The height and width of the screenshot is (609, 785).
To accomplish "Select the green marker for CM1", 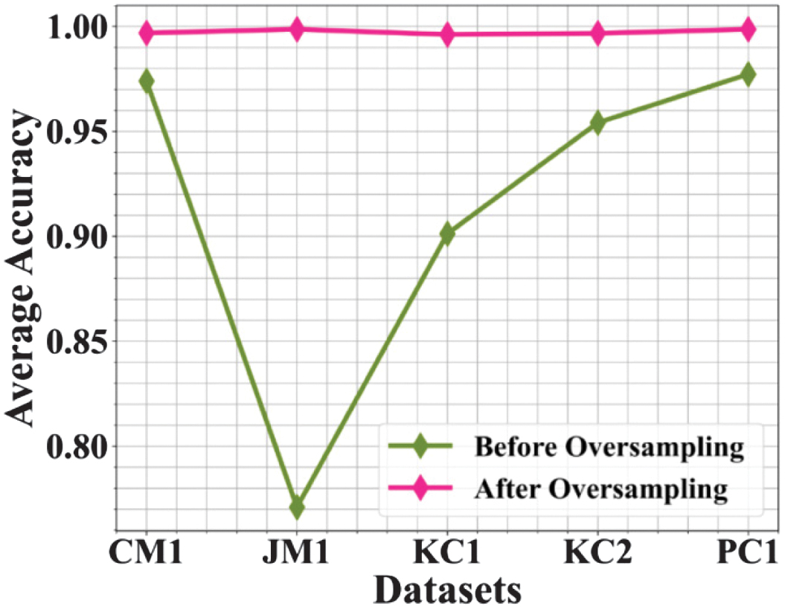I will (x=147, y=80).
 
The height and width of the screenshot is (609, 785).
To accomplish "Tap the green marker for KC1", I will (x=447, y=233).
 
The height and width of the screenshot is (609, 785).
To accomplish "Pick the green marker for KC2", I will (x=597, y=123).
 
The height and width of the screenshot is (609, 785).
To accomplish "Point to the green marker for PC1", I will (x=748, y=74).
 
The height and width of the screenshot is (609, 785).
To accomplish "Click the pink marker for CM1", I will (x=147, y=33).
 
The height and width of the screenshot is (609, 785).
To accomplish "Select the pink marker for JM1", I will (x=297, y=30).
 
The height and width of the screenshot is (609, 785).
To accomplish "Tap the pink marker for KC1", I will (x=447, y=34).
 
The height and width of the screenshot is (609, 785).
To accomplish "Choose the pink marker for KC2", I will (x=597, y=33).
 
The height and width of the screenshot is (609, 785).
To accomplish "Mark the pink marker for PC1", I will (x=748, y=30).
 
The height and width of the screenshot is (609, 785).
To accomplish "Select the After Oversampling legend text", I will (x=600, y=489).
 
